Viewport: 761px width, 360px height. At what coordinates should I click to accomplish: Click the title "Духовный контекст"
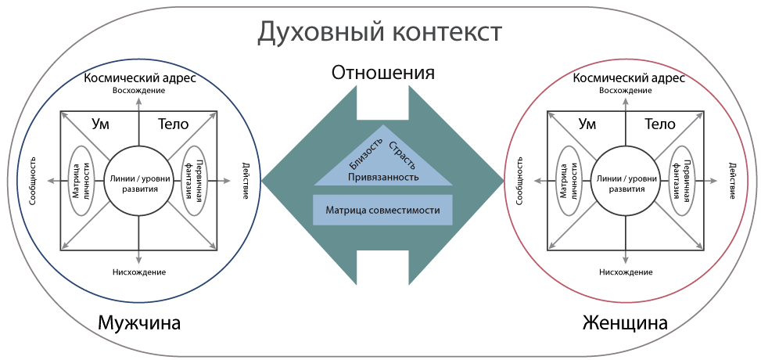pos(379,34)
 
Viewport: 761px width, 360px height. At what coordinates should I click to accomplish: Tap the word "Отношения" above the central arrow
pos(383,73)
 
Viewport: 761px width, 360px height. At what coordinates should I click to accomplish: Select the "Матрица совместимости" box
pos(383,210)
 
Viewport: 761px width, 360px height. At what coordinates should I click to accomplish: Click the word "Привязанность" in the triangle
pos(383,177)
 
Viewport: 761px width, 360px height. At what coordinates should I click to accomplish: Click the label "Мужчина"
pos(139,322)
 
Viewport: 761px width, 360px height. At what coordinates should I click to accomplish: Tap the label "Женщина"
pos(625,322)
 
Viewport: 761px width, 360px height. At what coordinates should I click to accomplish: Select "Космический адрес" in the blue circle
pos(140,78)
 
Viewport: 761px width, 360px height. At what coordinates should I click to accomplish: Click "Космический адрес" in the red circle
pos(629,78)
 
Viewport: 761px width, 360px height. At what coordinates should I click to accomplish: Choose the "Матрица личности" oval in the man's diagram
pos(82,180)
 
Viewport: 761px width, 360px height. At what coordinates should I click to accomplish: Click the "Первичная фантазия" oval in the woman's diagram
pos(684,180)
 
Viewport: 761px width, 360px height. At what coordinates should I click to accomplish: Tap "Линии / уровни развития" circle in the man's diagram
pos(139,181)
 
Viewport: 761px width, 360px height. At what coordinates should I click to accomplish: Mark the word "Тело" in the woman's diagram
pos(660,124)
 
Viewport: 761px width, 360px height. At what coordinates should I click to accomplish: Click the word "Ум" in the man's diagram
pos(100,124)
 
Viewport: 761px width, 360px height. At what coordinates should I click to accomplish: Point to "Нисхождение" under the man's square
pos(139,272)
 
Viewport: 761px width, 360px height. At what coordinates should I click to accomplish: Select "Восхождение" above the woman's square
pos(625,90)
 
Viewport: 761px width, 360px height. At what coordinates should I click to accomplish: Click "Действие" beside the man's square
pos(245,181)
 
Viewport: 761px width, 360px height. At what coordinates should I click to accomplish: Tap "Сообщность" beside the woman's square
pos(519,181)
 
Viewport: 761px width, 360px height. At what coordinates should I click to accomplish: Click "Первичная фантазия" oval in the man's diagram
pos(196,180)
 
